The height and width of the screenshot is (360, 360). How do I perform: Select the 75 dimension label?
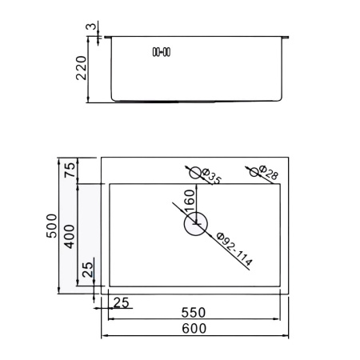tap(70, 170)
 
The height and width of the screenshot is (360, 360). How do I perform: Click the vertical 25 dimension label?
tap(88, 270)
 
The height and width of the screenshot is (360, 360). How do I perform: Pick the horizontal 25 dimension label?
tap(121, 302)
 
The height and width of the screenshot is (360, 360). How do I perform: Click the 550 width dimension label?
tap(194, 312)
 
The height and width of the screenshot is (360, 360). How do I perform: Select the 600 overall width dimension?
tap(194, 329)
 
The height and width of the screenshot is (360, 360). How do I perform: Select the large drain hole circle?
tap(195, 225)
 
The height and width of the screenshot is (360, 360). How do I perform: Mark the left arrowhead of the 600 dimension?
tap(102, 336)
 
